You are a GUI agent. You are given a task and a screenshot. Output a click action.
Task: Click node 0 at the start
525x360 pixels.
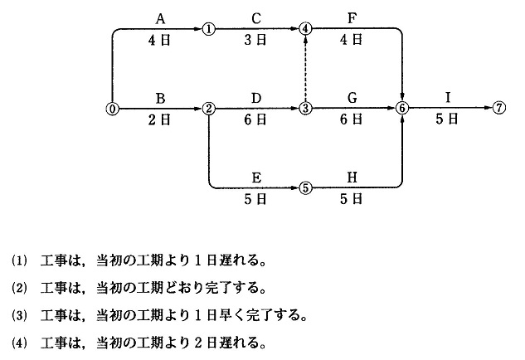[111, 109]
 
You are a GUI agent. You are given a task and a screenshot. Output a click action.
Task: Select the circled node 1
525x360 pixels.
[208, 28]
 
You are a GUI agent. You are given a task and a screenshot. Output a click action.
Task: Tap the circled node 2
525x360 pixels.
[208, 109]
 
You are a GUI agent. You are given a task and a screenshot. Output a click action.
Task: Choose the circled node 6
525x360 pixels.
[402, 109]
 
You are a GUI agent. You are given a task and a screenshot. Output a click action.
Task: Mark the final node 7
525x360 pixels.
[498, 109]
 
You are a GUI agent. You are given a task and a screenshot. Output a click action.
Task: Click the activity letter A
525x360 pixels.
[160, 17]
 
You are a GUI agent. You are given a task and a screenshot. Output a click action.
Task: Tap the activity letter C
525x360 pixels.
[257, 17]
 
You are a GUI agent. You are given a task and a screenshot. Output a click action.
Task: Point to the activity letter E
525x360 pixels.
[257, 176]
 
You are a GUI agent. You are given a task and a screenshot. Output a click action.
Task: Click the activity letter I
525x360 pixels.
[448, 97]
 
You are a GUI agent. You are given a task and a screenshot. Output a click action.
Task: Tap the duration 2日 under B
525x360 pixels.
[160, 120]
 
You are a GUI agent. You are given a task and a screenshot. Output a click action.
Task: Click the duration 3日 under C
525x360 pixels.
[257, 40]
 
